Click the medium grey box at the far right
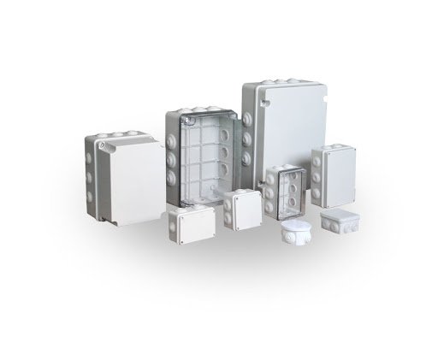pos(332,176)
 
